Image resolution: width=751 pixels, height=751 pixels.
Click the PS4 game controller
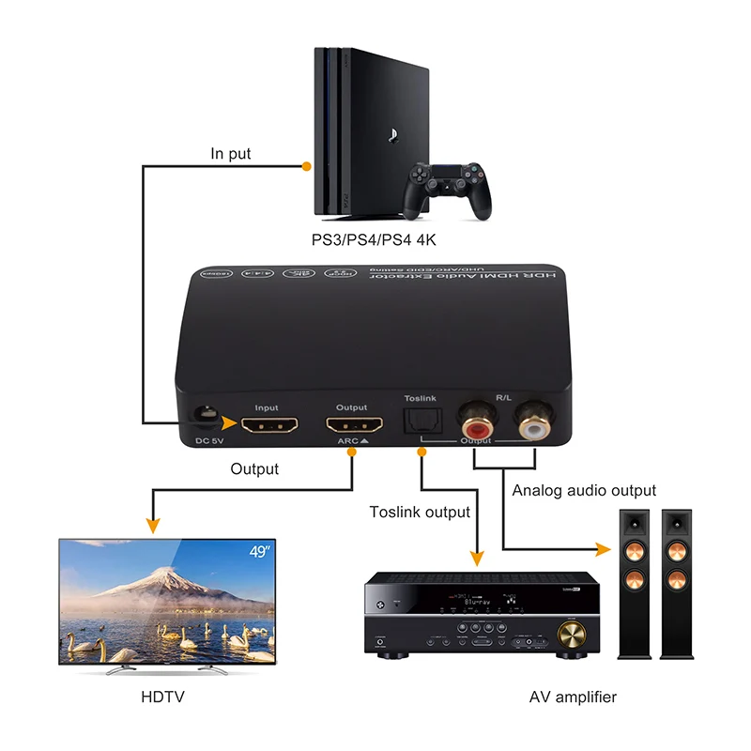click(x=445, y=188)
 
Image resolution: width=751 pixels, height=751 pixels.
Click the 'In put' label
click(x=231, y=153)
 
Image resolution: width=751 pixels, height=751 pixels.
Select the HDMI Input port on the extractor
click(x=269, y=424)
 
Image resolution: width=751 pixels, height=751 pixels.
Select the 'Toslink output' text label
click(x=420, y=512)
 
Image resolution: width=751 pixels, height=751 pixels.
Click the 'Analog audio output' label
click(x=584, y=490)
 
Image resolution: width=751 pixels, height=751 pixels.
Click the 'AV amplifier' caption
click(x=572, y=697)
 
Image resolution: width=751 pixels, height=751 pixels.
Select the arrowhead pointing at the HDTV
click(x=149, y=525)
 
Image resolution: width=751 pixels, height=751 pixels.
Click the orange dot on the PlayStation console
click(x=306, y=166)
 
